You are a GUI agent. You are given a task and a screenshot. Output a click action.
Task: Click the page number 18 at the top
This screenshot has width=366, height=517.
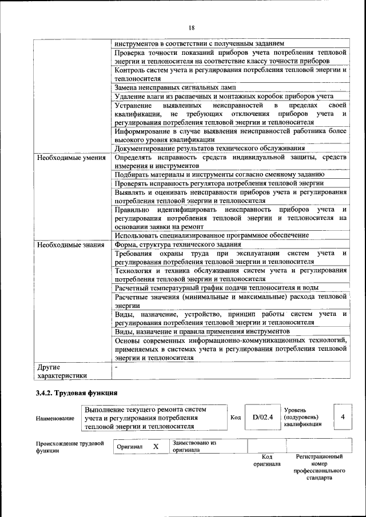(192, 27)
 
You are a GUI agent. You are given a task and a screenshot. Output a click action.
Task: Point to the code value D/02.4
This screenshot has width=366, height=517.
(263, 417)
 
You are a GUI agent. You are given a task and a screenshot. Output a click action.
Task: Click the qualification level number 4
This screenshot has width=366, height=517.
(342, 417)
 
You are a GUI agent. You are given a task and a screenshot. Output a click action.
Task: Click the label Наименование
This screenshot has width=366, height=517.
(55, 418)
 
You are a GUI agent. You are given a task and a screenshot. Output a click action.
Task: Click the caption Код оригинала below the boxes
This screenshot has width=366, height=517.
(266, 460)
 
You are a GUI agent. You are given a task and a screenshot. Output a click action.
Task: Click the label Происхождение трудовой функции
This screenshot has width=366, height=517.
(69, 447)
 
